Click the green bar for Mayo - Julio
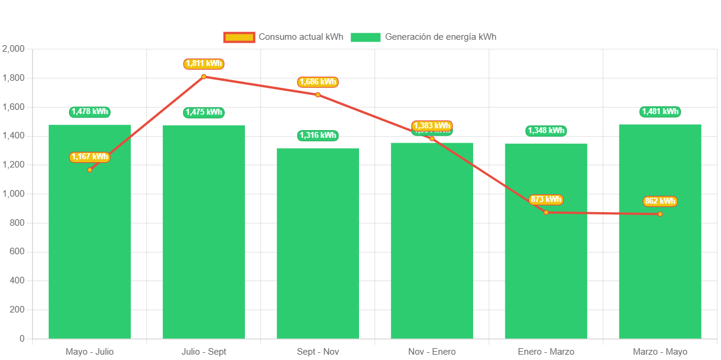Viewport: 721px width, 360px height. (90, 250)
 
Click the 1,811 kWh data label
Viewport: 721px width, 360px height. (204, 64)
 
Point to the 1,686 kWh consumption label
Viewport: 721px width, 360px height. (318, 82)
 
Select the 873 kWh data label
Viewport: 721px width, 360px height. (546, 200)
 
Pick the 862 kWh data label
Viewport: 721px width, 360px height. (660, 201)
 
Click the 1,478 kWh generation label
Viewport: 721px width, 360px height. (90, 112)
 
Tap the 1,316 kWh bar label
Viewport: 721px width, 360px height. (318, 135)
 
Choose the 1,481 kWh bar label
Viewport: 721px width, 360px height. (660, 112)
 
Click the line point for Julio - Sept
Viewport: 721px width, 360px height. (204, 77)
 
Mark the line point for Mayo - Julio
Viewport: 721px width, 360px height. (90, 170)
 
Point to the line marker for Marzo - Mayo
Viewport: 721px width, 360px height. (660, 214)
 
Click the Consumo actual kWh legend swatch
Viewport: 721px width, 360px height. (239, 37)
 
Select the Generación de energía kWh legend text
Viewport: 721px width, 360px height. (440, 37)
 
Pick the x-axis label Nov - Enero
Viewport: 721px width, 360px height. (432, 352)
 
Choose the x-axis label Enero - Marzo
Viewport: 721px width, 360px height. (546, 352)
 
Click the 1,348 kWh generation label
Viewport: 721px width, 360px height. (546, 131)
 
